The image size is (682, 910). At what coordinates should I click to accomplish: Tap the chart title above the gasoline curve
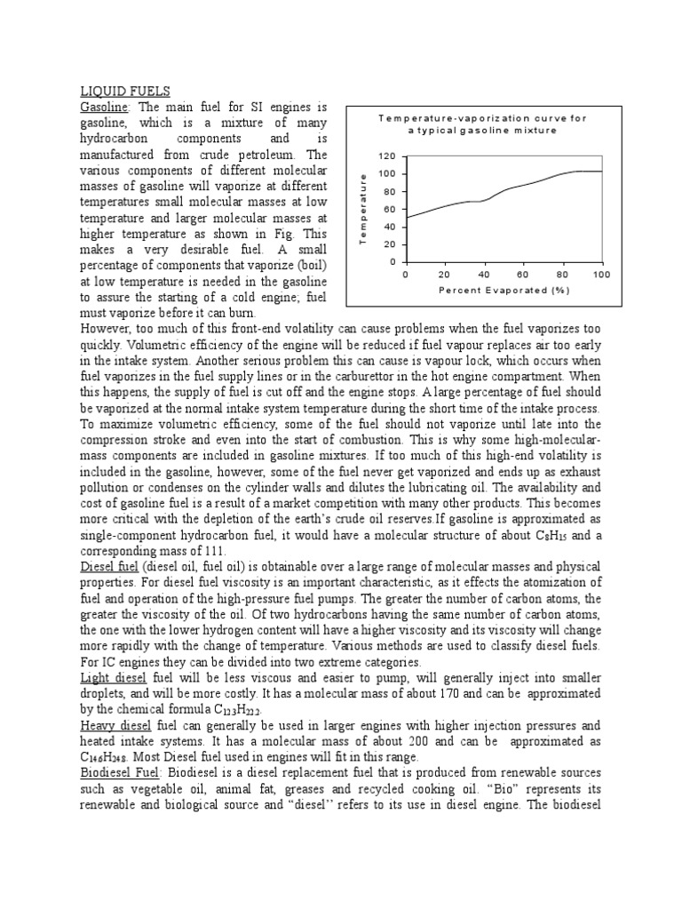click(x=482, y=124)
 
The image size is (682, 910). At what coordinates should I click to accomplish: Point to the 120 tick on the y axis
click(x=386, y=156)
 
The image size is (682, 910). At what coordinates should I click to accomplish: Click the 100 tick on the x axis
click(x=602, y=275)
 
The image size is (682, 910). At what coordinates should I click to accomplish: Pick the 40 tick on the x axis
click(x=484, y=275)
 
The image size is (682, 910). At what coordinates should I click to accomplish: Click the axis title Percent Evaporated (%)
click(x=503, y=290)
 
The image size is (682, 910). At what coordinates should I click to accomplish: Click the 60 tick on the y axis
click(x=389, y=209)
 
